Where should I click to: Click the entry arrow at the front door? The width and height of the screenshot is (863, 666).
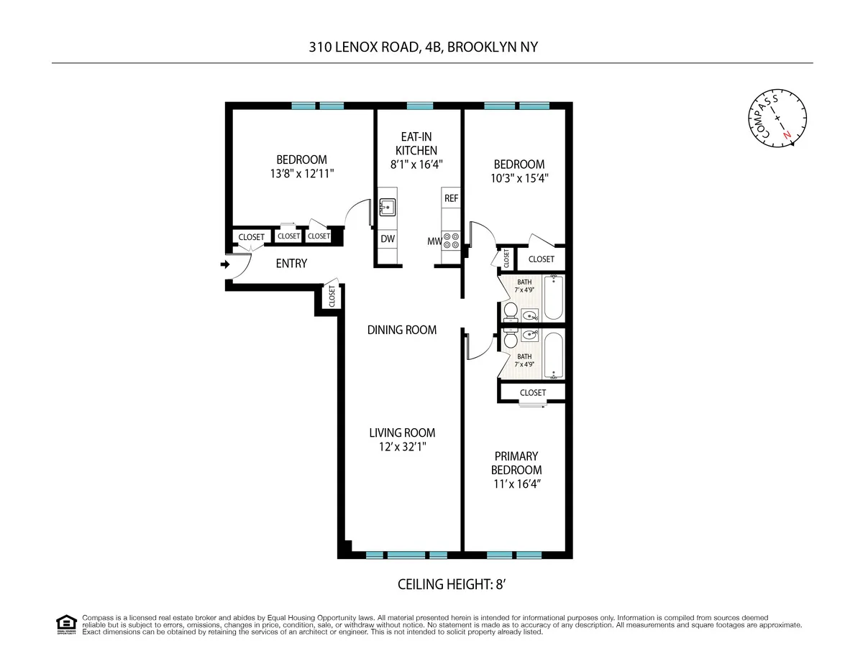[x=224, y=264]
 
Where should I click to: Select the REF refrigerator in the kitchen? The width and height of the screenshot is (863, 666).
[x=451, y=198]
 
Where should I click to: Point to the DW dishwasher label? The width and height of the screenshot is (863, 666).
[x=387, y=239]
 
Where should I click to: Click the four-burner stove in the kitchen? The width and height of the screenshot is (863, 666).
[x=451, y=241]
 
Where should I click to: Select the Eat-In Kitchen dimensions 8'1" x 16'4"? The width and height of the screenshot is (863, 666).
[x=417, y=164]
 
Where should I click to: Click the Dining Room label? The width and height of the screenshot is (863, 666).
[x=402, y=330]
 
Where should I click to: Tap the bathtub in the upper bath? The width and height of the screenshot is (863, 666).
[x=554, y=297]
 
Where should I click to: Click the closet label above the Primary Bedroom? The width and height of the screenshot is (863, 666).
[x=532, y=392]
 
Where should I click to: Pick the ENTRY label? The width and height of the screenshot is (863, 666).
[x=291, y=264]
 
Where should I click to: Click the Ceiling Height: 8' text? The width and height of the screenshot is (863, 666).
[x=452, y=584]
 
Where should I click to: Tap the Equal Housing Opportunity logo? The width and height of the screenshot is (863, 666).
[x=66, y=624]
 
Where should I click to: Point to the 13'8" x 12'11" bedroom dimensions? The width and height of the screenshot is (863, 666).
[x=301, y=174]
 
